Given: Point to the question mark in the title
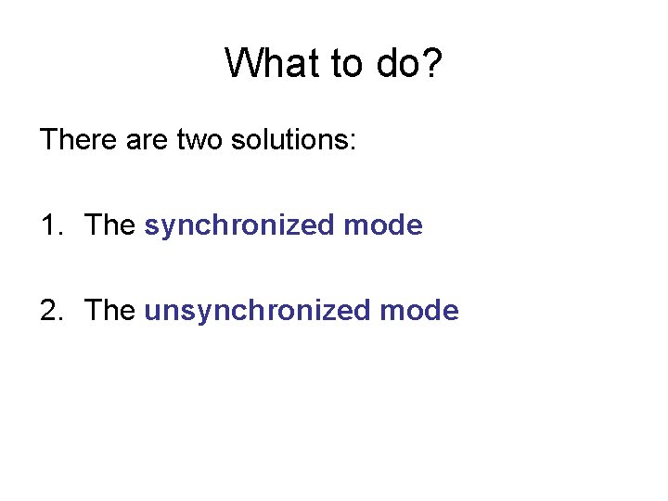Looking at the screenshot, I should [433, 63].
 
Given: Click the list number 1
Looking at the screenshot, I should [48, 225].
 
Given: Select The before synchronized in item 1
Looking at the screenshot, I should [109, 225].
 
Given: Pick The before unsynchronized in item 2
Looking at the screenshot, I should [109, 311].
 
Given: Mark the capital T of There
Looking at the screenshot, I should [48, 140].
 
